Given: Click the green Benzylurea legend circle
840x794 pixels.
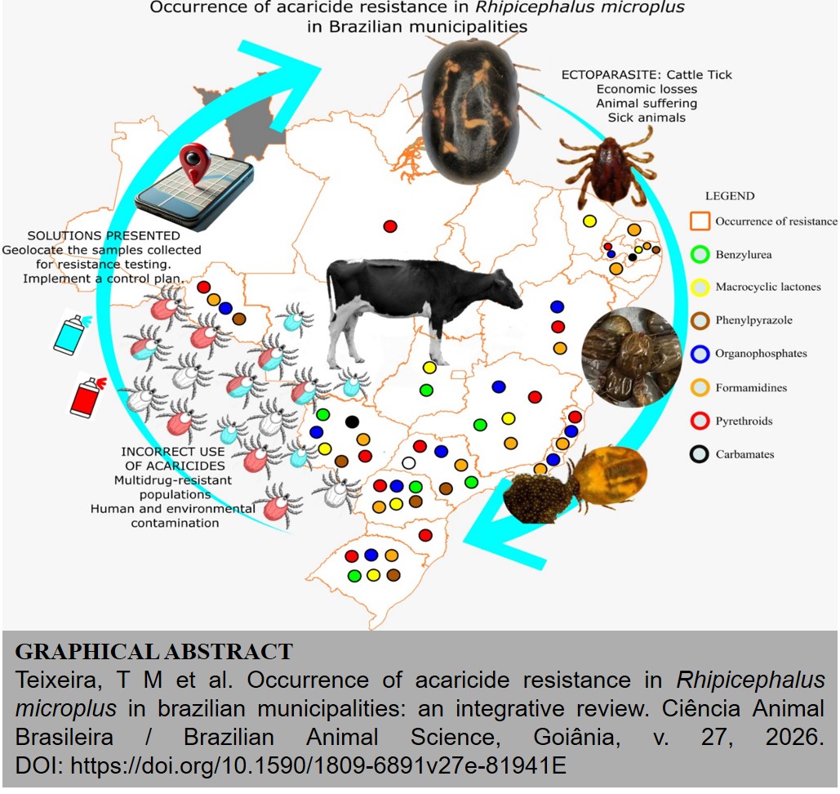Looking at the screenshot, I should [x=699, y=254].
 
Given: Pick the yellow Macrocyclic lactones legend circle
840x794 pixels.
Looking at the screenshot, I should [x=699, y=287].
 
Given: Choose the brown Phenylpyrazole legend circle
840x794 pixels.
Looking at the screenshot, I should [x=699, y=320].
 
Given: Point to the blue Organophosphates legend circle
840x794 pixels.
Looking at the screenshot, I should [x=699, y=354].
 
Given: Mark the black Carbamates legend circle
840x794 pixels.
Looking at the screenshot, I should [x=699, y=454].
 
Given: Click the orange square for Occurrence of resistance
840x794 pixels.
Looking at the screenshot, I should [x=699, y=221].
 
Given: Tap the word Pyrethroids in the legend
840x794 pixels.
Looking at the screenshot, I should [x=744, y=422].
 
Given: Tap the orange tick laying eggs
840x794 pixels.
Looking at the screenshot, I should [x=608, y=478].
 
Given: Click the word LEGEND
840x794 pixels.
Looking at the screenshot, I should [x=730, y=196].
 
